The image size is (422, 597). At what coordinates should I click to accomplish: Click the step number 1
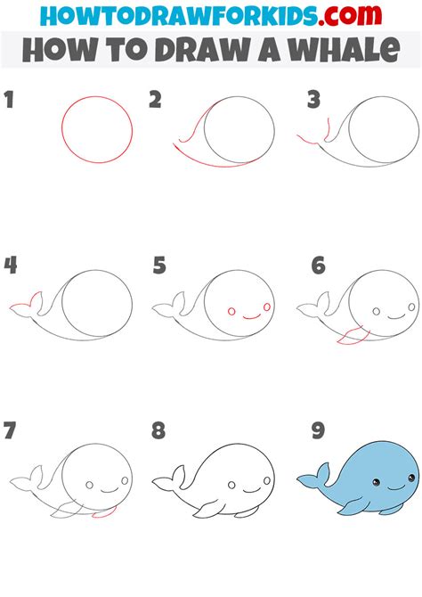pyautogui.click(x=9, y=100)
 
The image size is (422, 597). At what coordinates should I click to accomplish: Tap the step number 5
pyautogui.click(x=159, y=266)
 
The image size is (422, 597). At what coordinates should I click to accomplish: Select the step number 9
pyautogui.click(x=318, y=430)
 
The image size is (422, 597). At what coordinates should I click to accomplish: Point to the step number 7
pyautogui.click(x=10, y=430)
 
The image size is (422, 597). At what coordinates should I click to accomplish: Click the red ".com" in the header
pyautogui.click(x=350, y=15)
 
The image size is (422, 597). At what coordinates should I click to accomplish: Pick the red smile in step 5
pyautogui.click(x=251, y=317)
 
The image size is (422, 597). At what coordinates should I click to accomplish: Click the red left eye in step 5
pyautogui.click(x=231, y=312)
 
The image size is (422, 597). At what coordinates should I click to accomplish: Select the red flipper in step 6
pyautogui.click(x=353, y=336)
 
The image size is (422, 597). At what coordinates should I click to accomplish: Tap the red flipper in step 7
pyautogui.click(x=105, y=512)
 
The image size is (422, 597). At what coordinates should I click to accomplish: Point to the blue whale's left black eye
pyautogui.click(x=376, y=482)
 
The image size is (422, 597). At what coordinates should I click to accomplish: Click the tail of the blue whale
pyautogui.click(x=314, y=477)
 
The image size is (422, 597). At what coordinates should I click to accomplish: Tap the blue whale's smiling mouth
pyautogui.click(x=396, y=487)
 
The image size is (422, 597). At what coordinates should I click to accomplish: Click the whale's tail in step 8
pyautogui.click(x=169, y=478)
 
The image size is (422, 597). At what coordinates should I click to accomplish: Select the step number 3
pyautogui.click(x=314, y=100)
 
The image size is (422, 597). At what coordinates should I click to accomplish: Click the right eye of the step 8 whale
pyautogui.click(x=267, y=480)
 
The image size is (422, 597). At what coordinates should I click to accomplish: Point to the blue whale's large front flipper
pyautogui.click(x=353, y=506)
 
